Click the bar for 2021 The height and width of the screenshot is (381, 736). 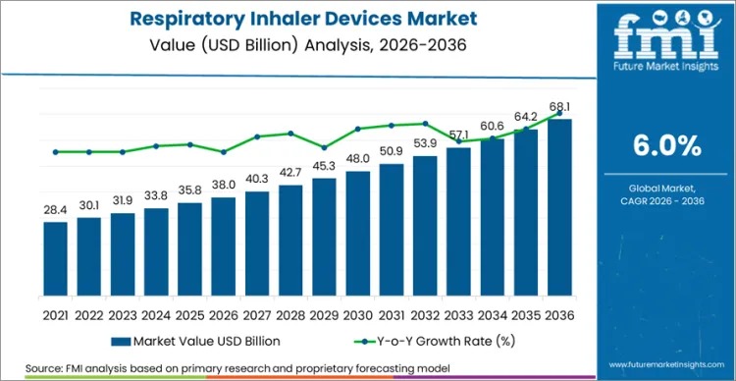coord(56,265)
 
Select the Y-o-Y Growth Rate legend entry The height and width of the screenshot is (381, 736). coord(421,341)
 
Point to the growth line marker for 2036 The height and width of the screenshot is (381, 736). coord(560,113)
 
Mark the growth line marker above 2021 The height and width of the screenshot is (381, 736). coord(56,152)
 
